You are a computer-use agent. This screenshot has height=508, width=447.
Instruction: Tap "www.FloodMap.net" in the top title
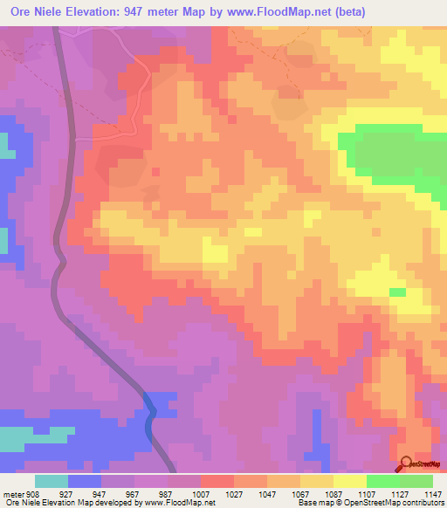tap(274, 11)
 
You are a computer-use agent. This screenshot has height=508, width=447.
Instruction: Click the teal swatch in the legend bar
tap(52, 481)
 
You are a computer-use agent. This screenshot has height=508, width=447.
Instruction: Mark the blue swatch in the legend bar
tap(85, 481)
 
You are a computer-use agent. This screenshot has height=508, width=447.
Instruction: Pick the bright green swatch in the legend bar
tap(383, 481)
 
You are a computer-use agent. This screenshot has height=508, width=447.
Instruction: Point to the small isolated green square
tap(397, 292)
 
